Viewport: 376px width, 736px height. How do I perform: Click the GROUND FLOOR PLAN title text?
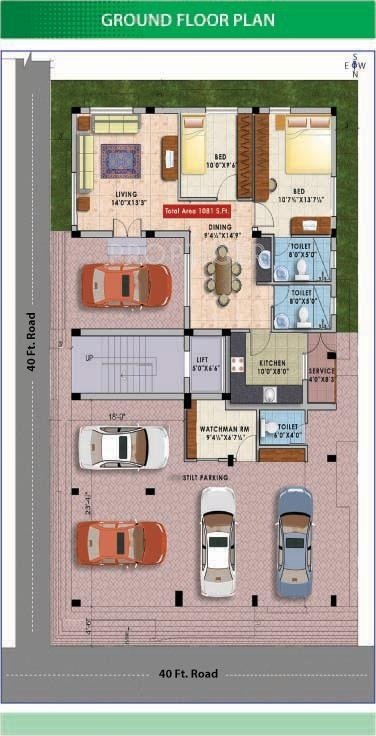tap(188, 19)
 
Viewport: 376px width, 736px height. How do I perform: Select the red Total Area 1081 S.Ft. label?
tap(205, 212)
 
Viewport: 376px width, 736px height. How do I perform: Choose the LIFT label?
tap(208, 363)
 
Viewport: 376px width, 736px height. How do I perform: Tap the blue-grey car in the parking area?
tap(294, 541)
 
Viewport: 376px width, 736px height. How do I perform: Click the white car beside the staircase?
tap(123, 446)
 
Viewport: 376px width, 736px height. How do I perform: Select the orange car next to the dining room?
tap(126, 284)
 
